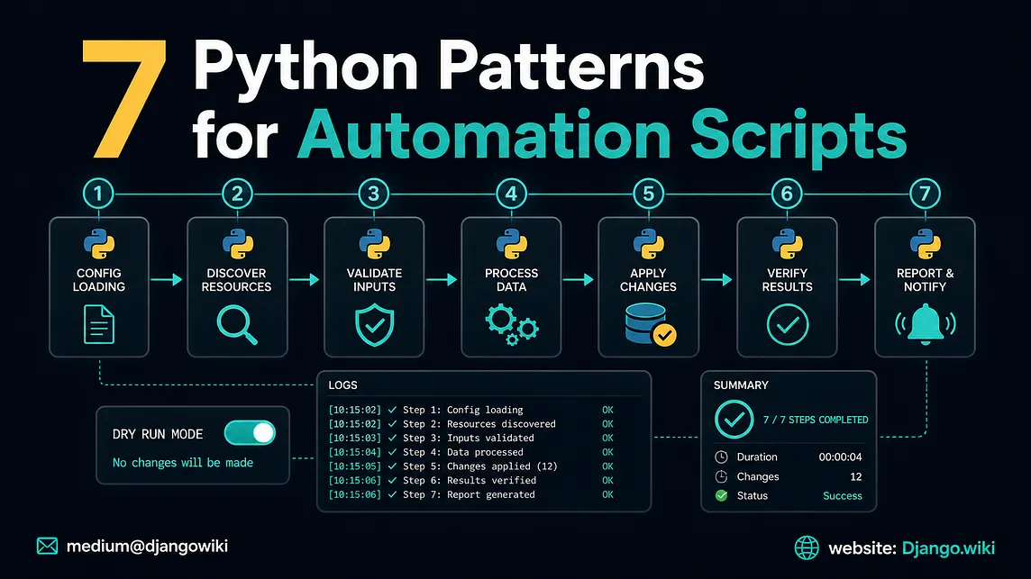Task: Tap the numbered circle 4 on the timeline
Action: tap(511, 194)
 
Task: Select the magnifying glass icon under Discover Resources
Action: tap(237, 325)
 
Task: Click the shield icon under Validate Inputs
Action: tap(374, 325)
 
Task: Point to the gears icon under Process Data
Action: tap(512, 325)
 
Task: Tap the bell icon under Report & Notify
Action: tap(926, 323)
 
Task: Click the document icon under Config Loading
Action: tap(98, 325)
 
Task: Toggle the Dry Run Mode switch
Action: tap(250, 433)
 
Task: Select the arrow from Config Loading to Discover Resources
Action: tap(167, 280)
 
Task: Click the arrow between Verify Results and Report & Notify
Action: tap(854, 280)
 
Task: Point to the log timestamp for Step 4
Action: tap(354, 452)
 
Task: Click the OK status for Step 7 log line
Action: tap(607, 495)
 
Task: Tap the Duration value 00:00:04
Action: tap(840, 457)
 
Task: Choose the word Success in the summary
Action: tap(843, 495)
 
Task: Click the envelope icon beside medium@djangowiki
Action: tap(48, 547)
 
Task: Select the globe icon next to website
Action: tap(807, 547)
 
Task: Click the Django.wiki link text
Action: tap(948, 548)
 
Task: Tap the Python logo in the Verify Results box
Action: tap(787, 244)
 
